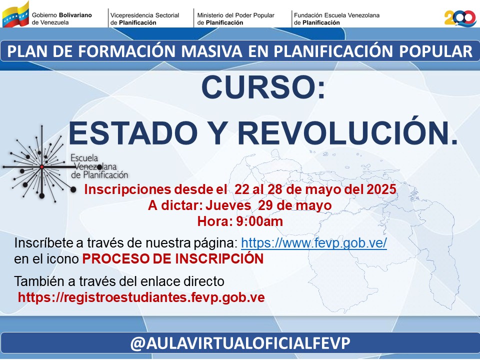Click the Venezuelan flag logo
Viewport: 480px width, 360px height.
15,14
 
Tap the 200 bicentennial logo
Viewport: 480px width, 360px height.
460,18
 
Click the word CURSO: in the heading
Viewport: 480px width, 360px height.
263,88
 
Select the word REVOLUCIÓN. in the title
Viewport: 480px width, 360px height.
348,133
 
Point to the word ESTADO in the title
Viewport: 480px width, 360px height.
133,133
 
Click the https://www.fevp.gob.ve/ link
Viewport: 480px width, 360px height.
314,243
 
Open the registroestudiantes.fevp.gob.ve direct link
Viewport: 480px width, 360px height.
141,297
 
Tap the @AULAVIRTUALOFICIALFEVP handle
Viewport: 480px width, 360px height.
240,343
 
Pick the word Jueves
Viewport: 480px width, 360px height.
228,205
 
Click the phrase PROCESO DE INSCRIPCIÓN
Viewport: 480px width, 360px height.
173,259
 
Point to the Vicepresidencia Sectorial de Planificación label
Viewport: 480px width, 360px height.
145,18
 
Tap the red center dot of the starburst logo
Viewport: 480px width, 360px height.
42,167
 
